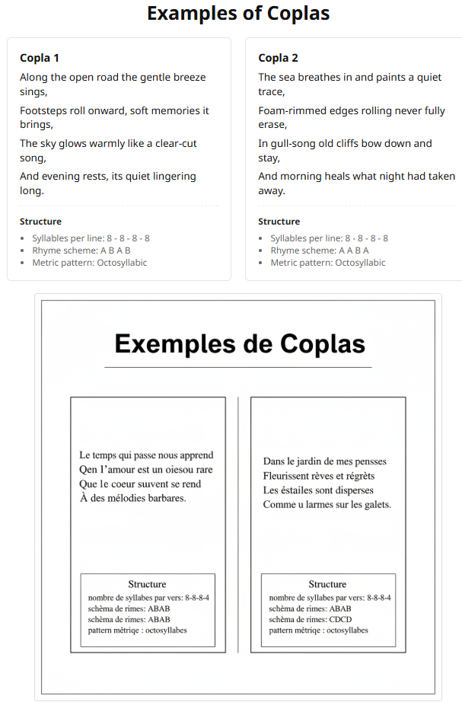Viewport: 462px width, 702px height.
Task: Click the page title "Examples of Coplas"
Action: point(238,14)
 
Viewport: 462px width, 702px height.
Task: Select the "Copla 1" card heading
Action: point(40,58)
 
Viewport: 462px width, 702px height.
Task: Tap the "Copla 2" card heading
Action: point(278,58)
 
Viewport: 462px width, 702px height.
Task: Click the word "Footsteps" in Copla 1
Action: point(44,110)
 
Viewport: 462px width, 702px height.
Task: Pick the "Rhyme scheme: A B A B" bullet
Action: point(81,250)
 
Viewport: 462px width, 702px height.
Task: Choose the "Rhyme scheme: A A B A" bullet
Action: point(320,250)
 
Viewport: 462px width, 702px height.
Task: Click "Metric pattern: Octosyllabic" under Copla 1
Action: point(89,263)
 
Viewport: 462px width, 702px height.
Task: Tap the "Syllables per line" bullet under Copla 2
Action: point(329,238)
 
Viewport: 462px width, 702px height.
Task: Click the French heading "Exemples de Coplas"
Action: point(239,344)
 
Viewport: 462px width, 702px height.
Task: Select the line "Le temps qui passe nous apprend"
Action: point(146,455)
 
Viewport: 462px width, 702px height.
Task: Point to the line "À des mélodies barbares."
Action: point(132,498)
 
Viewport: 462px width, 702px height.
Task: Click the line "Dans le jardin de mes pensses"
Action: point(324,461)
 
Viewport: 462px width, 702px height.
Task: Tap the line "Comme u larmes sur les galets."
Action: point(327,504)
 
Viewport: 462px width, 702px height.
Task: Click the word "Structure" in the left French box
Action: point(147,584)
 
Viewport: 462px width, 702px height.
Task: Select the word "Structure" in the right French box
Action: point(327,584)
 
